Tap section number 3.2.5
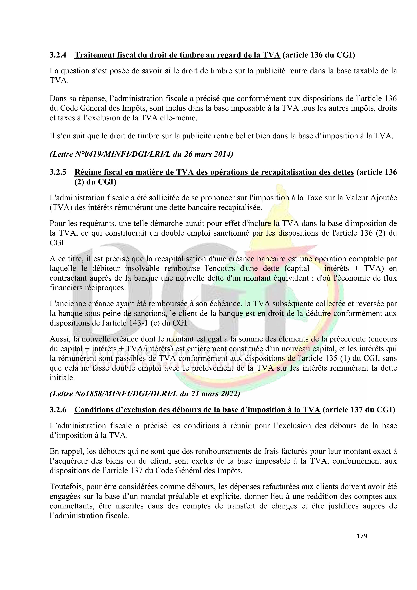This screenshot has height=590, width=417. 58,172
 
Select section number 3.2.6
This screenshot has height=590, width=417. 58,410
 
